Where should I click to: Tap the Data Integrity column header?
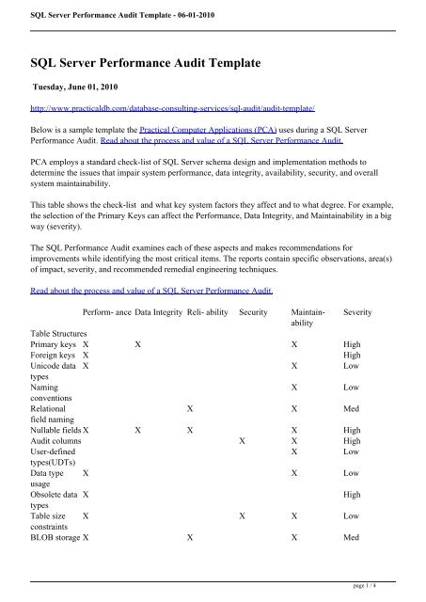[x=158, y=310]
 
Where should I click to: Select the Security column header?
[x=257, y=310]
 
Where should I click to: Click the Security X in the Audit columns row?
[x=243, y=441]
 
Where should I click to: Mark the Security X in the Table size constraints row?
[x=243, y=516]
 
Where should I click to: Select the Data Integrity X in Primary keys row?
[x=138, y=346]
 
